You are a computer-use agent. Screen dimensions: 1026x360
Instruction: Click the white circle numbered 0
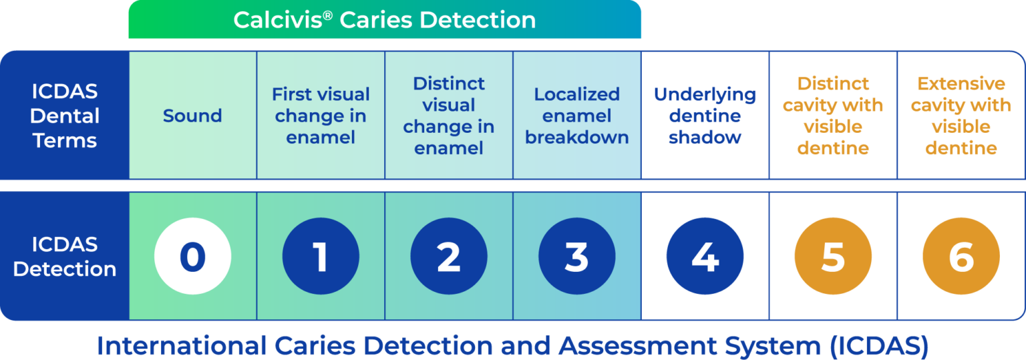coord(193,256)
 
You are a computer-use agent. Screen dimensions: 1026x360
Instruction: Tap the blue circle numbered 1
coord(321,256)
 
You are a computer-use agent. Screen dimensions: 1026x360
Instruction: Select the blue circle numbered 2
coord(449,256)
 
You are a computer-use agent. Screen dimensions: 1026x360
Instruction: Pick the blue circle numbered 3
coord(576,256)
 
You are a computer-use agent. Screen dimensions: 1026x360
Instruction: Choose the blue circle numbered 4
coord(705,256)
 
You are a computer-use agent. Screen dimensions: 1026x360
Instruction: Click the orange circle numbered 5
coord(833,256)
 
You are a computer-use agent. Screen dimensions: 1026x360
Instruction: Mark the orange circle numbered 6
coord(961,256)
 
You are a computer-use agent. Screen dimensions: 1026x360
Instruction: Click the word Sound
coord(192,116)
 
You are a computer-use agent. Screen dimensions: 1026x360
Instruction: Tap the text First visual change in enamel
coord(321,116)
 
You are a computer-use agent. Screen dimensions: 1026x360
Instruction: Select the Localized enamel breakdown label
coord(576,116)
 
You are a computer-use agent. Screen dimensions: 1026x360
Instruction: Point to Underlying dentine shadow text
coord(705,116)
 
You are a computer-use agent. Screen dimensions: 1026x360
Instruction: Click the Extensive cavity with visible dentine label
coord(961,116)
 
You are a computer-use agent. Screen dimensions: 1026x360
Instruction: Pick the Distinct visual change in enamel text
coord(449,116)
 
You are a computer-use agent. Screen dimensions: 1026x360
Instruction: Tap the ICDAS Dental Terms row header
coord(65,116)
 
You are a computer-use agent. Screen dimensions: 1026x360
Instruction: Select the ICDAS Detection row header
coord(65,256)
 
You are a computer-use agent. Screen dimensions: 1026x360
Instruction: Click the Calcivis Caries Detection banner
coord(385,19)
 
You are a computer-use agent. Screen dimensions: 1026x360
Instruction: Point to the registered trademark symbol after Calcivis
coord(327,15)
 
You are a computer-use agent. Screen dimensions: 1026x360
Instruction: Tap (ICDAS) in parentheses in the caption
coord(880,346)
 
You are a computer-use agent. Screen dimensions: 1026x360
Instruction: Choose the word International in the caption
coord(182,345)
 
